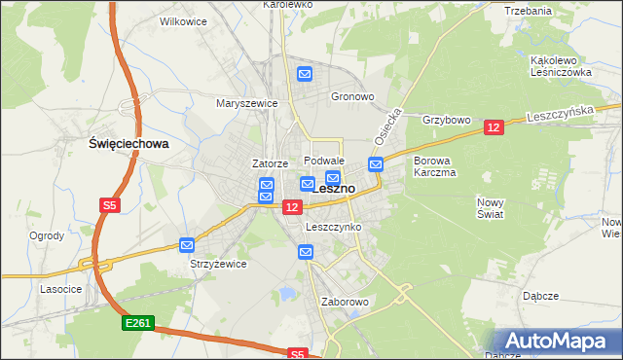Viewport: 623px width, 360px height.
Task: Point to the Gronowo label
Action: click(x=352, y=97)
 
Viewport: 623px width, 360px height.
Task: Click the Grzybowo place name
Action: click(x=447, y=121)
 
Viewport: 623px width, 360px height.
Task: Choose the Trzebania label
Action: click(x=529, y=11)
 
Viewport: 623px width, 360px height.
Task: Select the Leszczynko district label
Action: click(x=333, y=227)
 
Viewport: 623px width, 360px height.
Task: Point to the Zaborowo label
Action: click(x=346, y=302)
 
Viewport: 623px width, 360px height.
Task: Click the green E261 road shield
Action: click(x=138, y=323)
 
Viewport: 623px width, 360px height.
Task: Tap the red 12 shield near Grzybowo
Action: click(x=493, y=127)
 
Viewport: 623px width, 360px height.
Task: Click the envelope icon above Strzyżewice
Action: click(x=187, y=245)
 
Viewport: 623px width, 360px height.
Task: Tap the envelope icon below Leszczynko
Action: click(x=306, y=253)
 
